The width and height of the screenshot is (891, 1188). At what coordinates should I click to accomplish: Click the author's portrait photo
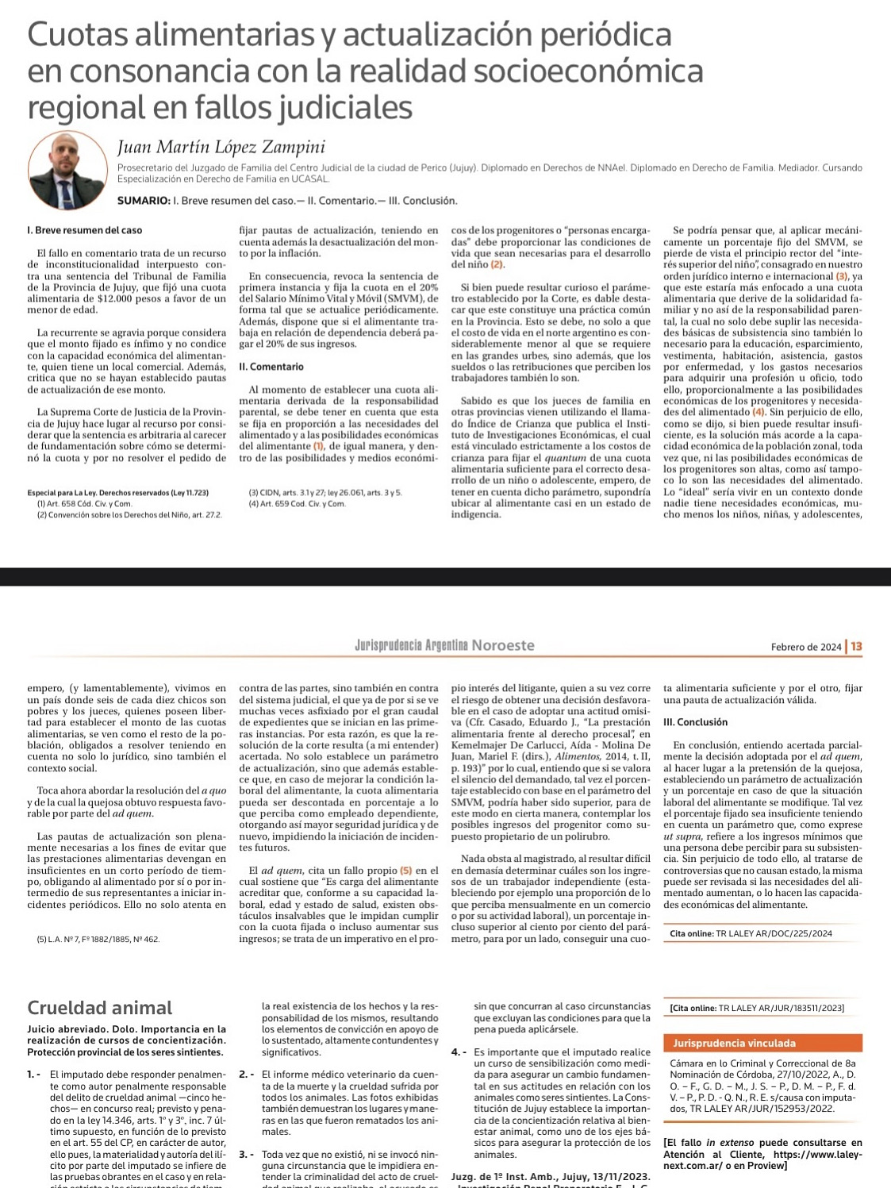click(x=67, y=170)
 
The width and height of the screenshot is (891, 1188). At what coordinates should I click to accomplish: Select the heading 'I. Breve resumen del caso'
click(x=85, y=230)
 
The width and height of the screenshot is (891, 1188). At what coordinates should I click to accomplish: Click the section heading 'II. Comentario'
click(x=271, y=367)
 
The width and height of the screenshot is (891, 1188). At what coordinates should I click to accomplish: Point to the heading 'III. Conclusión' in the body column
click(x=695, y=722)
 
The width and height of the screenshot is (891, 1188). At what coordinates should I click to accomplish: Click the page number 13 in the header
click(x=856, y=647)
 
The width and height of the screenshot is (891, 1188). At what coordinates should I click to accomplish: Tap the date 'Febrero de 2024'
click(x=805, y=647)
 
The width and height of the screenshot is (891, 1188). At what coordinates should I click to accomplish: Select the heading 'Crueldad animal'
click(x=99, y=1008)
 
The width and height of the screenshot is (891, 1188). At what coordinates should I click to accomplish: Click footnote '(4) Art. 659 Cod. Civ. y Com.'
click(x=297, y=504)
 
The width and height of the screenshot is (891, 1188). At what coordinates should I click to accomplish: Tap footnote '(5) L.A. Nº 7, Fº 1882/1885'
click(x=98, y=940)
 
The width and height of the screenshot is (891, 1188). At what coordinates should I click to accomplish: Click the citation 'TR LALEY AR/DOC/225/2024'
click(x=774, y=934)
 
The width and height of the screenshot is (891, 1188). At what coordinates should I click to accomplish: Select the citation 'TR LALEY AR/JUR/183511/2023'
click(x=781, y=1008)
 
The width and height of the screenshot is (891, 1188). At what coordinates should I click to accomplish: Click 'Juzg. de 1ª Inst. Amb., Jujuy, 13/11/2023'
click(x=550, y=1176)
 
